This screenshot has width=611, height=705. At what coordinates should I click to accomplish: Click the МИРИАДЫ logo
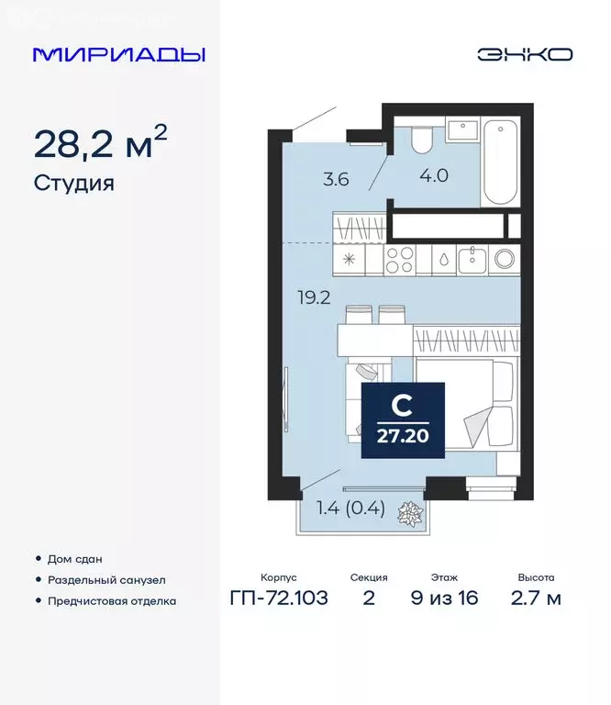119,54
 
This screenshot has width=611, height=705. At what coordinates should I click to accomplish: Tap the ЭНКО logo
524,54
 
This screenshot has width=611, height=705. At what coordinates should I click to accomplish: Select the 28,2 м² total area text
100,144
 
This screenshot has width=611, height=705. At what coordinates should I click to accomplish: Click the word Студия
74,183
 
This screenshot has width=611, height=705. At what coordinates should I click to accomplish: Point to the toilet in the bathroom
423,139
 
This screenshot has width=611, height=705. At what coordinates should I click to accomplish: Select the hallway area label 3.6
336,179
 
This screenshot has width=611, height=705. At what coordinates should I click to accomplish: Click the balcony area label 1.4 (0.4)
350,507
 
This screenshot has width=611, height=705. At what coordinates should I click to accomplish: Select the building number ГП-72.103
279,599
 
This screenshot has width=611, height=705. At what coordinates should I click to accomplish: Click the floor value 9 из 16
446,599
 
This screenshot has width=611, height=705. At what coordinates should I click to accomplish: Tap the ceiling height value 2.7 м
536,599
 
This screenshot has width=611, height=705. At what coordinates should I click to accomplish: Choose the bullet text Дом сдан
74,558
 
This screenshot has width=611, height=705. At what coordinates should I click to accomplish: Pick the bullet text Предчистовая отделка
111,601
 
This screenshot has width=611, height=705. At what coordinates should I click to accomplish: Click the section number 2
368,599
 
